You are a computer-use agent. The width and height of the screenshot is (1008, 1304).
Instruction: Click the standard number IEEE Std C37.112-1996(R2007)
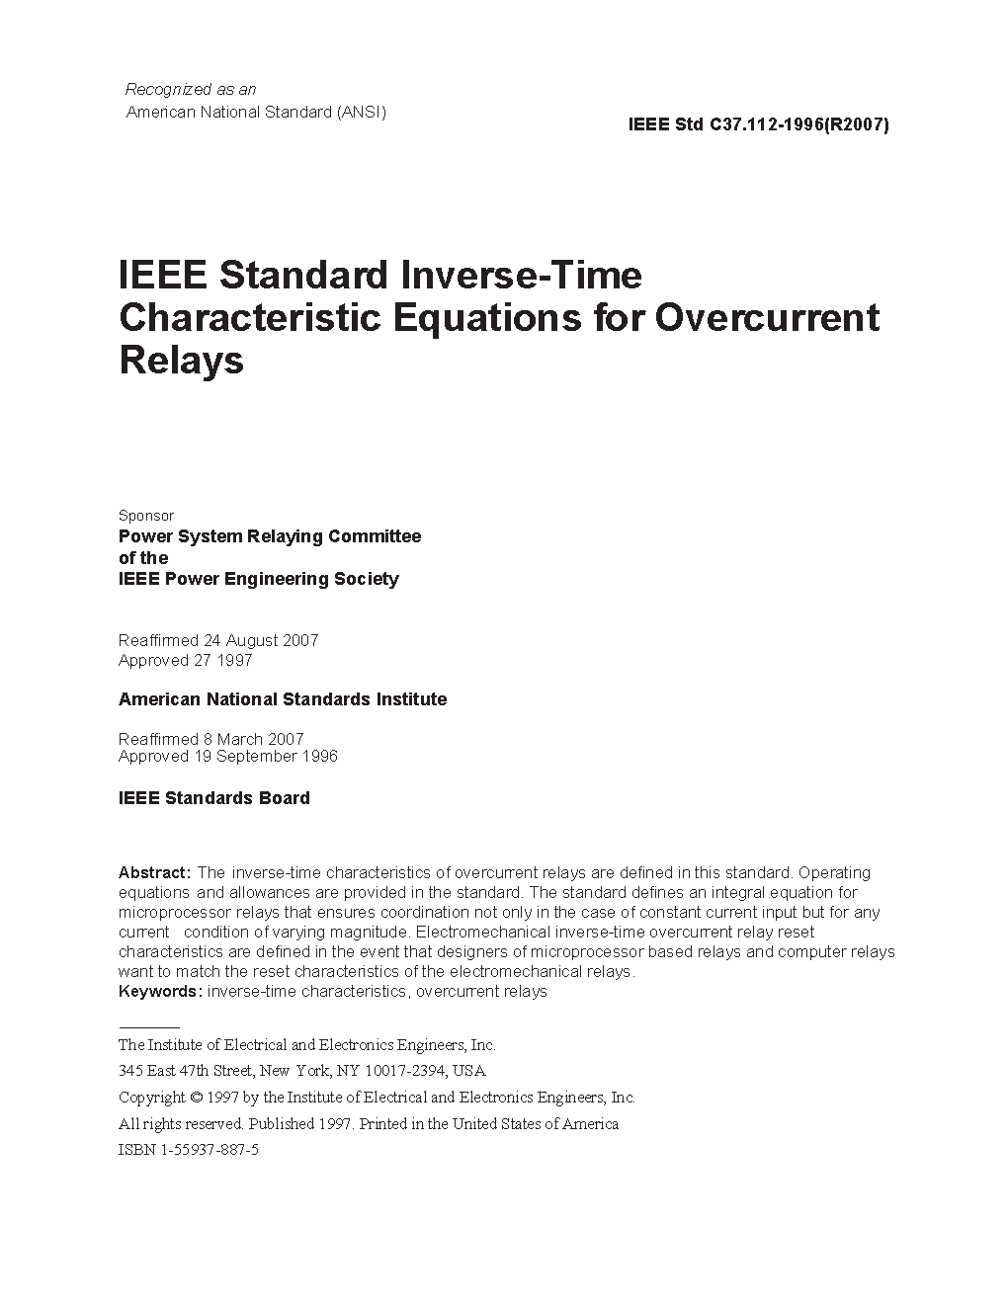pyautogui.click(x=758, y=125)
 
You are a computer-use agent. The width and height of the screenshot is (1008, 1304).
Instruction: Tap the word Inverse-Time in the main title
pyautogui.click(x=520, y=275)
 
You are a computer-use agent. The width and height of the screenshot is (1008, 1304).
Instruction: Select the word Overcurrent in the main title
pyautogui.click(x=767, y=317)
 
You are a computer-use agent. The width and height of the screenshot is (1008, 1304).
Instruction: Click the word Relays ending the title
pyautogui.click(x=181, y=361)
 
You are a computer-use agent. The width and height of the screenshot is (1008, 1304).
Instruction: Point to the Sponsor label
pyautogui.click(x=146, y=516)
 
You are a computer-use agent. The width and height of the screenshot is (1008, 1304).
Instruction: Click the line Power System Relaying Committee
pyautogui.click(x=270, y=536)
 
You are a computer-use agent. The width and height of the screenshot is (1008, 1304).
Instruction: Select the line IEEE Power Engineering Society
pyautogui.click(x=259, y=579)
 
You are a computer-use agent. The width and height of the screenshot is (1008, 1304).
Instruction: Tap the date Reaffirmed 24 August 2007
pyautogui.click(x=218, y=640)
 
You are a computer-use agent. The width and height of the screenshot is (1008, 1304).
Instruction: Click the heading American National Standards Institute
pyautogui.click(x=283, y=699)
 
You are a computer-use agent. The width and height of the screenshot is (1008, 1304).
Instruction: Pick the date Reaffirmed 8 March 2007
pyautogui.click(x=211, y=739)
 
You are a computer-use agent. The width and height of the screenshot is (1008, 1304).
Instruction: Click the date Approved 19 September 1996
pyautogui.click(x=228, y=757)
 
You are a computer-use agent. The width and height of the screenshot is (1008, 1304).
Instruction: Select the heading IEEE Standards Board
pyautogui.click(x=214, y=798)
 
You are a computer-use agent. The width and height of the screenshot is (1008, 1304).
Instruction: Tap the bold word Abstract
pyautogui.click(x=154, y=873)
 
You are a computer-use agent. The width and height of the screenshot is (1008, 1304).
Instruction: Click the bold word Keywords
pyautogui.click(x=160, y=992)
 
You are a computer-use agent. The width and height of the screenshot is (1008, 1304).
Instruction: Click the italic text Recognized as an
pyautogui.click(x=191, y=90)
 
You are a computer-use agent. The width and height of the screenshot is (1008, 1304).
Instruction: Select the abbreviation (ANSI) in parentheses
pyautogui.click(x=362, y=112)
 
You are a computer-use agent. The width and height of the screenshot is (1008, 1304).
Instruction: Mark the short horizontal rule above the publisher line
pyautogui.click(x=149, y=1027)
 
